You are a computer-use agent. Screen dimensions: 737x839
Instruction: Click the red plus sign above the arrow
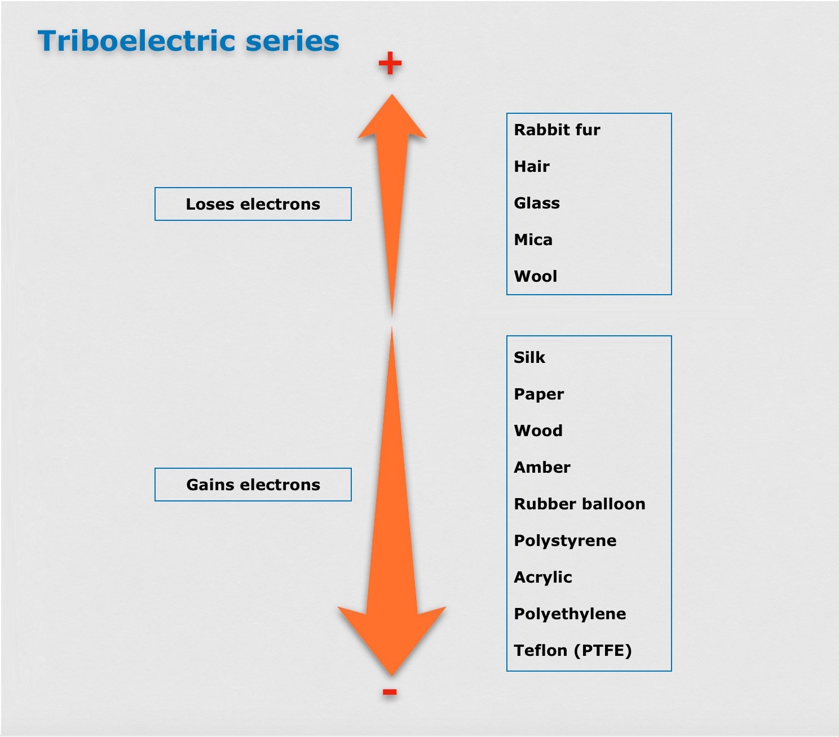point(390,63)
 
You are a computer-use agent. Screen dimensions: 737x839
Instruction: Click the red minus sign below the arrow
point(390,692)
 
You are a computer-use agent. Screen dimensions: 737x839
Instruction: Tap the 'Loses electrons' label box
point(253,204)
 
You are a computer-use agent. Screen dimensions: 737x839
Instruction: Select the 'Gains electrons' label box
point(253,485)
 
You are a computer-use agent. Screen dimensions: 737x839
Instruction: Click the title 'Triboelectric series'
point(188,41)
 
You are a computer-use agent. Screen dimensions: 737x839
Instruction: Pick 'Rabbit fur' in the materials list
point(557,130)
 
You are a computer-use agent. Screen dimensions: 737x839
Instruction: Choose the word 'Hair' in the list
point(532,167)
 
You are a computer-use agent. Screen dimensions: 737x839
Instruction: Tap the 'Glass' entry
point(537,203)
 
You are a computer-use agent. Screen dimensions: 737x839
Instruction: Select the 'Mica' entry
point(533,240)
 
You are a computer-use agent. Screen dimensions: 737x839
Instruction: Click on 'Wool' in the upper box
point(536,277)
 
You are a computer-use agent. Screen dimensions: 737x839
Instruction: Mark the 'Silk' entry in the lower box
point(529,358)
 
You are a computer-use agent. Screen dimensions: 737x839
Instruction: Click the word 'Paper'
point(538,394)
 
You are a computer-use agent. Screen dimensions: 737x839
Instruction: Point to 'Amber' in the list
point(542,468)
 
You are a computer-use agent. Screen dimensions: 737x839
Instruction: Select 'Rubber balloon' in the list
point(580,504)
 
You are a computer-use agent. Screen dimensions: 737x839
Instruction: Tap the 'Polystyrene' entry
point(565,541)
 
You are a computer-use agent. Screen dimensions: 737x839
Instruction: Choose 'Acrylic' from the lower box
point(543,578)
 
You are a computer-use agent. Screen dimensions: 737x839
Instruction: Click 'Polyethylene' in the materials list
point(570,614)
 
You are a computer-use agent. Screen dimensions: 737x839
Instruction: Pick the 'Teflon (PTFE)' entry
point(573,651)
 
